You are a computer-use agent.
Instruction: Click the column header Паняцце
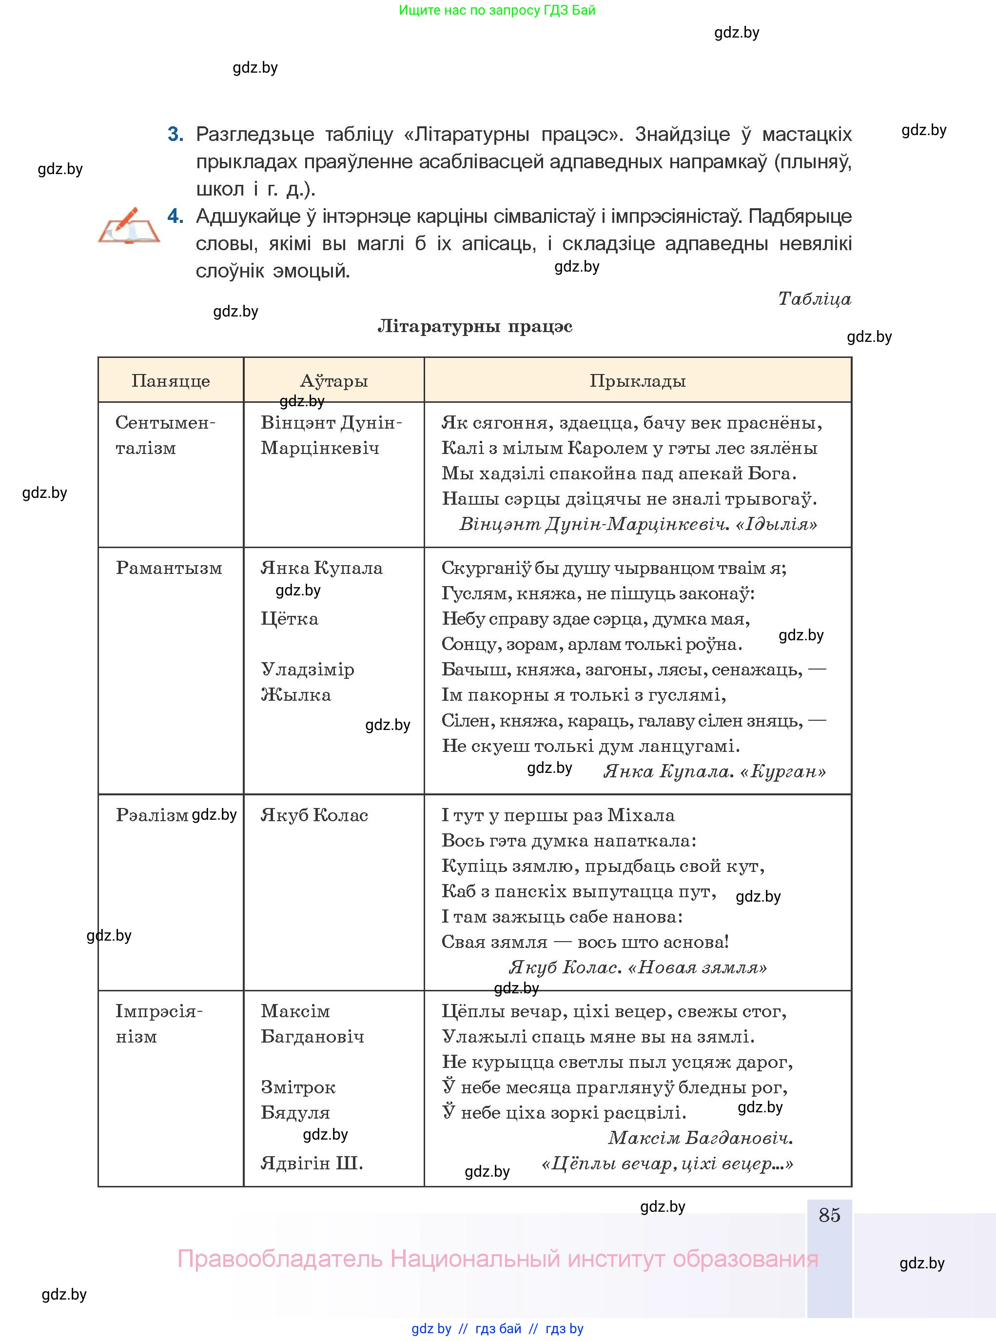click(171, 380)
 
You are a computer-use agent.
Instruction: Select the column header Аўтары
click(333, 380)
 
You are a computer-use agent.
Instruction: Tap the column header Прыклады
click(637, 380)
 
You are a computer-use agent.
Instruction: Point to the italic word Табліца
click(814, 298)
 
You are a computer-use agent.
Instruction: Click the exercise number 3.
click(176, 134)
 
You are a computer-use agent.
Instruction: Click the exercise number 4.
click(176, 216)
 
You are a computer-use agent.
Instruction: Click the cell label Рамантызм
click(169, 568)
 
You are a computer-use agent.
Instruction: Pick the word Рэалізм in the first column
click(152, 815)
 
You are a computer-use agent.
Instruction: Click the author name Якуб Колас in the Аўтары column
click(314, 815)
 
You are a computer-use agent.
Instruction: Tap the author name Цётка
click(290, 619)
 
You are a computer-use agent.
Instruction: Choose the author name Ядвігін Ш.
click(312, 1163)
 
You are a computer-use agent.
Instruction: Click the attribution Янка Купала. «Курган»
click(714, 771)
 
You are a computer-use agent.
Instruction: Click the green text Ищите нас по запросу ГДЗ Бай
click(497, 10)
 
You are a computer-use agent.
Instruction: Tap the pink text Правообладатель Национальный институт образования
click(497, 1259)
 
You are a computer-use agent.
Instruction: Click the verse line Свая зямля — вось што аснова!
click(585, 942)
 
